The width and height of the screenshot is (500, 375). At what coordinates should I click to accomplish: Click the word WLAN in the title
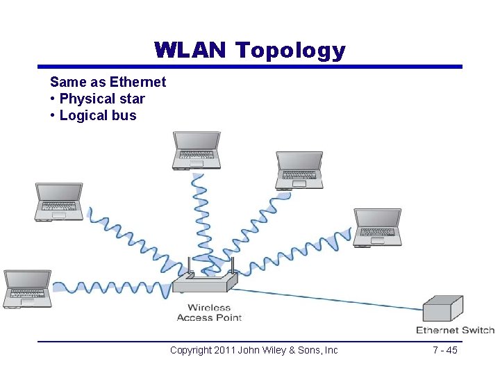tap(190, 50)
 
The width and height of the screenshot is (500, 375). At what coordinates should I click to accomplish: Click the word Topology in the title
tap(290, 51)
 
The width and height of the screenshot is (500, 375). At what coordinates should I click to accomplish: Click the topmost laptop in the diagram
tap(197, 150)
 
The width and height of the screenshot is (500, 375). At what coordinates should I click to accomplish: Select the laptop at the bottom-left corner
tap(27, 288)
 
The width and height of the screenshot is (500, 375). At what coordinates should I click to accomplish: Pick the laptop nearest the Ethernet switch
tap(377, 226)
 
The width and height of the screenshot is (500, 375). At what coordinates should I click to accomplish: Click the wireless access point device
tap(204, 282)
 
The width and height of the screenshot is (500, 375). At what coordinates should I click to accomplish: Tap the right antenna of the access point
tap(232, 266)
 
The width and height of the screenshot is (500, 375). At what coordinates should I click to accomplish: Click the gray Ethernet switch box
tap(442, 308)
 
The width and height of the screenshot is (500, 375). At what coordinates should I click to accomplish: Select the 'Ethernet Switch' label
tap(455, 330)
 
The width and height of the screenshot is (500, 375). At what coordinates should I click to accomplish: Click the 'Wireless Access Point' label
tap(209, 312)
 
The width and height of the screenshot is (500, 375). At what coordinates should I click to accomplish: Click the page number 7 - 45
tap(444, 350)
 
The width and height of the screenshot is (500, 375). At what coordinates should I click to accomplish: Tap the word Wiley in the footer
tap(279, 350)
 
